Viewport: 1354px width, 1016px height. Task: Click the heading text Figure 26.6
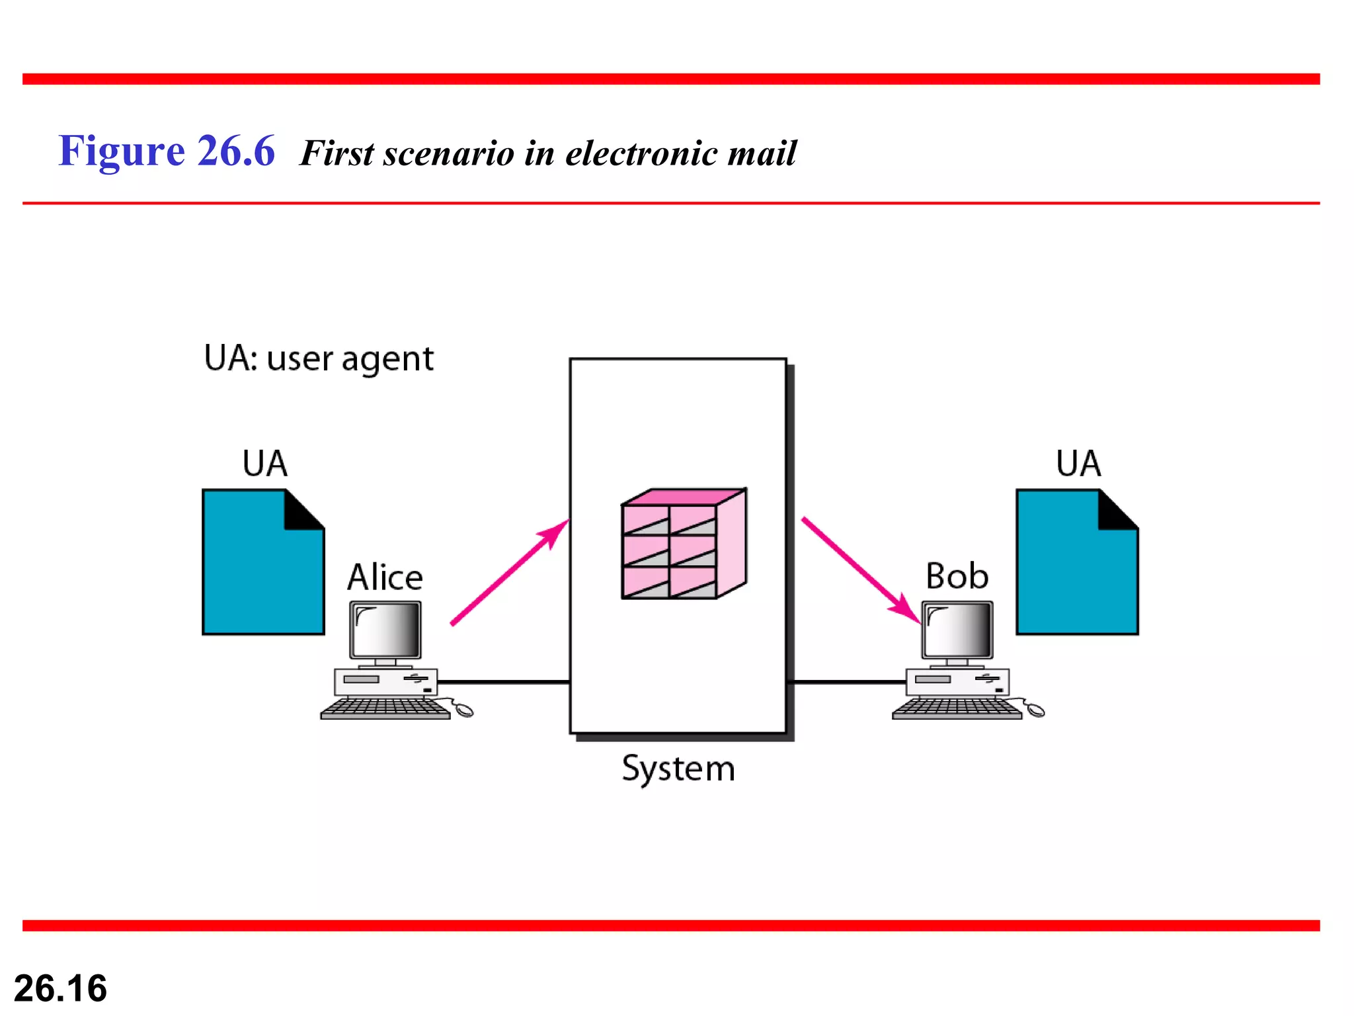[166, 151]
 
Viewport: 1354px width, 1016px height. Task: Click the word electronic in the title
[641, 153]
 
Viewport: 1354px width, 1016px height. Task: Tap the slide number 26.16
[60, 988]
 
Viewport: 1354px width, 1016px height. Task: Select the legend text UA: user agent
[319, 359]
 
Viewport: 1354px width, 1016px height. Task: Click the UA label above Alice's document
[264, 463]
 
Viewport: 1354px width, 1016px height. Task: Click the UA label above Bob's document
[1078, 463]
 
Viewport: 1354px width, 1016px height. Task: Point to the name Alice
[385, 577]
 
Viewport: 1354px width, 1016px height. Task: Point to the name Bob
[957, 575]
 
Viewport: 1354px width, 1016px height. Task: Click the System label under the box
[678, 769]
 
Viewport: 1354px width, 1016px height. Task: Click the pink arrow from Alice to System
[509, 572]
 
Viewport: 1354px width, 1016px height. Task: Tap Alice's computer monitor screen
[385, 630]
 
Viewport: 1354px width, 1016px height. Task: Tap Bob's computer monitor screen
[957, 630]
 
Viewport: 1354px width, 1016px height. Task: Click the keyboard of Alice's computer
[385, 708]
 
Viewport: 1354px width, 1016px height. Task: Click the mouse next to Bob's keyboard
[1035, 710]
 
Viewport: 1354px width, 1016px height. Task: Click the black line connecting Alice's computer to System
[502, 681]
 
